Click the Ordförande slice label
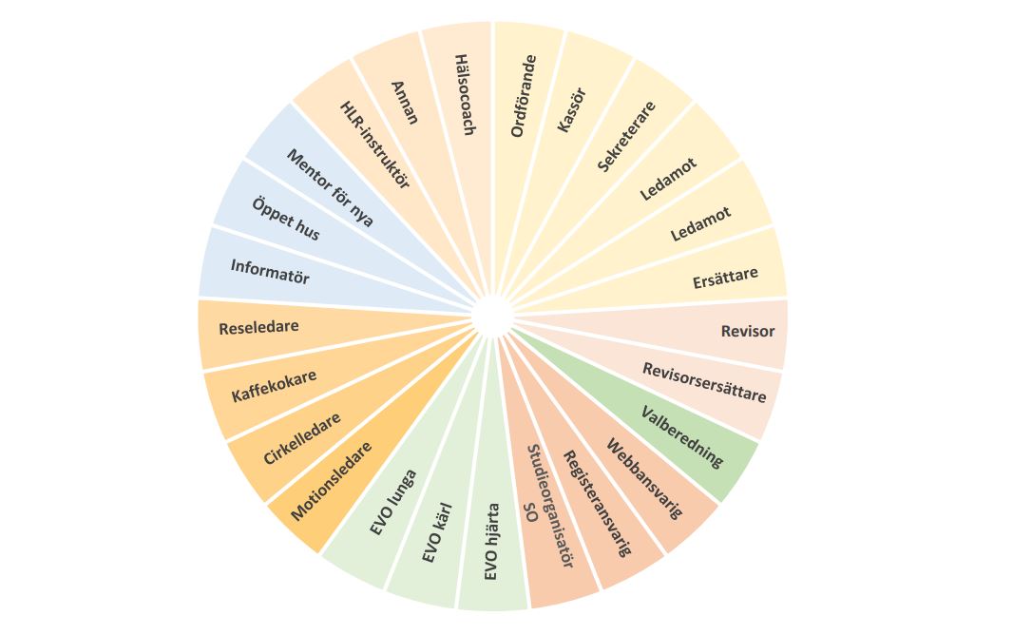[525, 97]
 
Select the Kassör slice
[572, 109]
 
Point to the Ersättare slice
[725, 276]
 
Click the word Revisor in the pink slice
[747, 332]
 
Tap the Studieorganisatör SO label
[548, 507]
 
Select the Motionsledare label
[332, 480]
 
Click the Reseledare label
[258, 328]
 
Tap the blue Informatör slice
[270, 272]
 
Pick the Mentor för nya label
[329, 188]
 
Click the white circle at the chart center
[491, 316]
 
